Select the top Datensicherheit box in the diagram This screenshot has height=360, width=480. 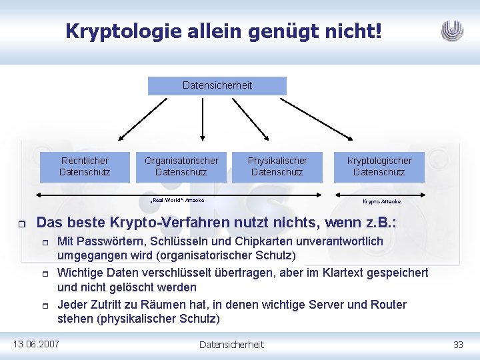click(x=217, y=85)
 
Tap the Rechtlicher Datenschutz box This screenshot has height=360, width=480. click(x=85, y=167)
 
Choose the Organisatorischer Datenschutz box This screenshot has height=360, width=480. click(x=181, y=167)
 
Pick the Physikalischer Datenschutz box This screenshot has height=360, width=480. click(x=277, y=167)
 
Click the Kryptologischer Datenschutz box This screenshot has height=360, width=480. click(x=379, y=167)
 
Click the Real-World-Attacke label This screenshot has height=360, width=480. click(x=177, y=200)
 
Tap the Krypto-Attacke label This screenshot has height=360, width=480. click(x=381, y=201)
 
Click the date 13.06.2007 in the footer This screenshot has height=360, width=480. click(x=36, y=344)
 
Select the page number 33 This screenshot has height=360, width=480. click(x=458, y=344)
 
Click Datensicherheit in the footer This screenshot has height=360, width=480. click(x=232, y=344)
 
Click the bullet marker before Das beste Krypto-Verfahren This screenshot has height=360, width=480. click(x=21, y=224)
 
